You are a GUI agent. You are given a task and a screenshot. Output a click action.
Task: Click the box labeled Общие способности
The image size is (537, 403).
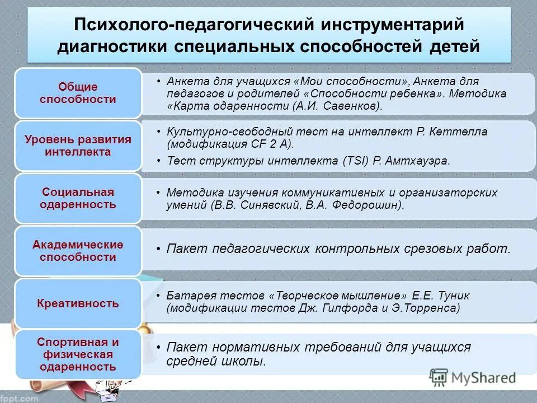click(78, 93)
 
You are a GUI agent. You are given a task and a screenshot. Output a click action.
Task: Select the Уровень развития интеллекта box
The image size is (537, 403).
click(78, 146)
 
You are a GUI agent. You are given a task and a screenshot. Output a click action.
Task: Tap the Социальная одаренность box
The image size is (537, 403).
click(78, 198)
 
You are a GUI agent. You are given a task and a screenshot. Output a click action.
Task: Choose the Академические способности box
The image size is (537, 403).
click(78, 251)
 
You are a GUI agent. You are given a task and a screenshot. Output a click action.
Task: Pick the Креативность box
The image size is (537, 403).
click(78, 304)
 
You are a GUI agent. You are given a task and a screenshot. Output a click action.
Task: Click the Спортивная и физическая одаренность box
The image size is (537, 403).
click(78, 354)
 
